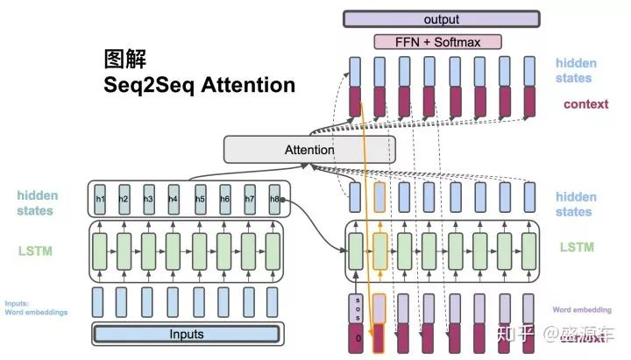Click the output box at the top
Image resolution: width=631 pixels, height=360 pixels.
point(440,19)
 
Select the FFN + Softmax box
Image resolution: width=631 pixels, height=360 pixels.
point(439,41)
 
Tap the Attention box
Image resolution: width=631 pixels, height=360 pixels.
point(308,150)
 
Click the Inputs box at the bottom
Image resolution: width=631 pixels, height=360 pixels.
point(186,334)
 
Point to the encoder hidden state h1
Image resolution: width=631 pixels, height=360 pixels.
point(100,200)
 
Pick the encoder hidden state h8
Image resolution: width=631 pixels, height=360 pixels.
point(274,200)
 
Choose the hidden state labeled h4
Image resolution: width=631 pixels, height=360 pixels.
point(174,200)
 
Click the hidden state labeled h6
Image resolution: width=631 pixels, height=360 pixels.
point(224,200)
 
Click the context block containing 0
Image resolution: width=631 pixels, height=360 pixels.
point(355,338)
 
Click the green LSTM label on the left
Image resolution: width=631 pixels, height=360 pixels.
point(35,251)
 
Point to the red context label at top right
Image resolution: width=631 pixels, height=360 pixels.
point(585,104)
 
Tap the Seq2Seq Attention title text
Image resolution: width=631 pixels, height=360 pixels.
point(200,85)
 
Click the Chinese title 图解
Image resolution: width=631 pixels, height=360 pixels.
point(125,60)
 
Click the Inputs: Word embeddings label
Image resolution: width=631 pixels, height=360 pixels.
point(35,307)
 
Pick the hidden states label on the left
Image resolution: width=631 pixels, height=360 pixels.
point(35,203)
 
